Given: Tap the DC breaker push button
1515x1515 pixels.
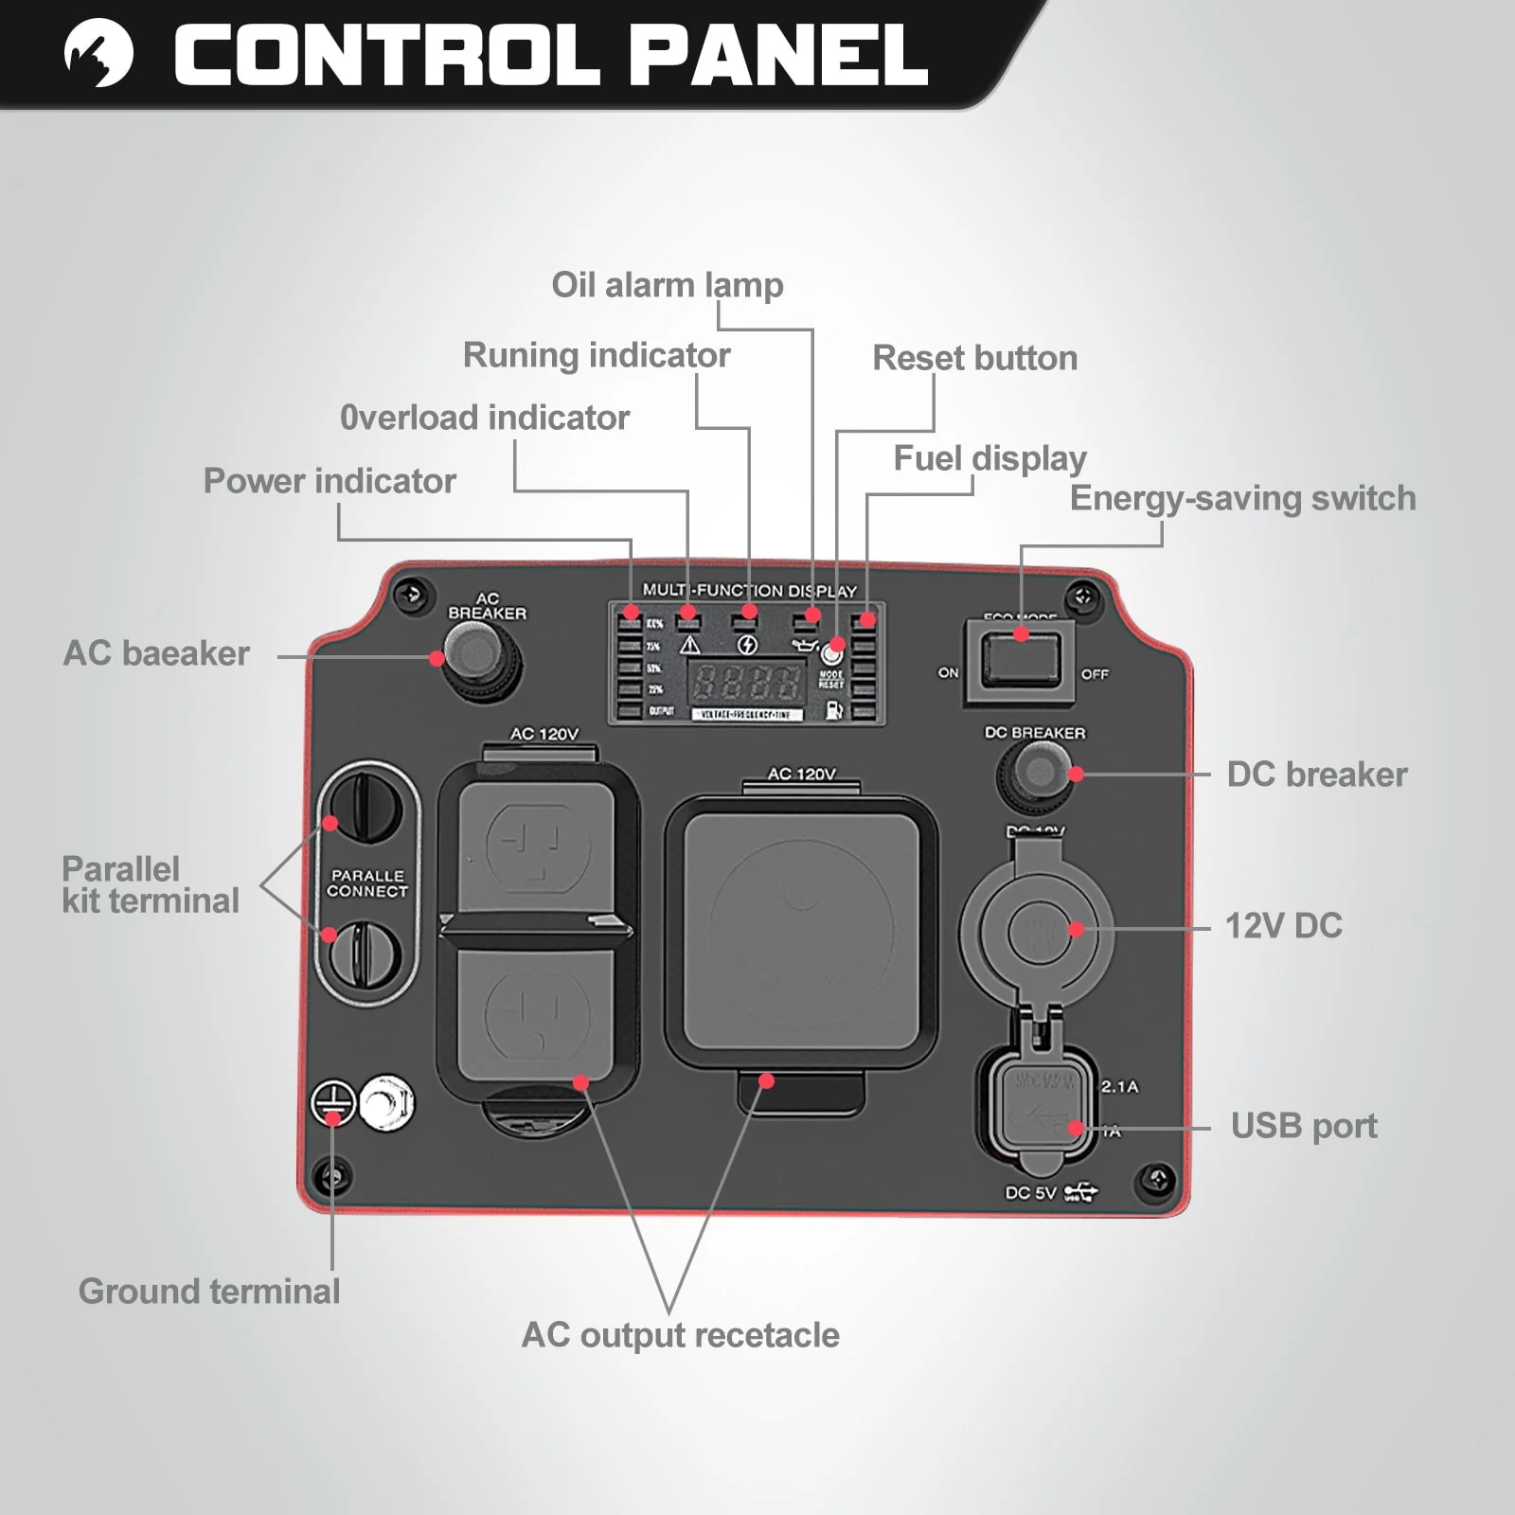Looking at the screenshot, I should (1039, 772).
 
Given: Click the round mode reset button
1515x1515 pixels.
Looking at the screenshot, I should (832, 653).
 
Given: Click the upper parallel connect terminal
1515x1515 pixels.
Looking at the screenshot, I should (365, 808).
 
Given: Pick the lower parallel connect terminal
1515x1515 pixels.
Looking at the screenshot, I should (365, 954).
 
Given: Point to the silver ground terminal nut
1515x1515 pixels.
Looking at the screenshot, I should (386, 1102).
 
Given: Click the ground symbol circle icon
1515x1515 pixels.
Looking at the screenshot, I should (333, 1103).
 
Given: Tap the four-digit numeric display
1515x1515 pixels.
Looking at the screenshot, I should (746, 680).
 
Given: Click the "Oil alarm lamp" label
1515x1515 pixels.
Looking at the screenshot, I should (668, 285).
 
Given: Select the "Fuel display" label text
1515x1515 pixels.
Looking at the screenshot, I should (989, 458).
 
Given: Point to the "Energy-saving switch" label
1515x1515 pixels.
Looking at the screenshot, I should (1242, 498).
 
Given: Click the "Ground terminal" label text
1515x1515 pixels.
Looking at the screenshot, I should (209, 1292).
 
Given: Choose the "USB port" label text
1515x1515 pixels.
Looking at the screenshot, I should (1304, 1126).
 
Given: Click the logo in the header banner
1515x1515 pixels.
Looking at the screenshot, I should (98, 53).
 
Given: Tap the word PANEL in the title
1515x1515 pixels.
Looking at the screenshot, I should (778, 55).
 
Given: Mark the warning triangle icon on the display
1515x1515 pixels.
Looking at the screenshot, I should (689, 646).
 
